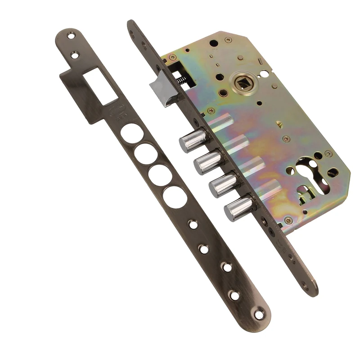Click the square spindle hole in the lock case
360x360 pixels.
[239, 84]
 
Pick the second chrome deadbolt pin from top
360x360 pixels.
[205, 163]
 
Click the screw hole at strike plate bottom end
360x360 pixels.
[260, 315]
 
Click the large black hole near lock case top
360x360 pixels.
[214, 44]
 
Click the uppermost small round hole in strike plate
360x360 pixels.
[193, 223]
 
